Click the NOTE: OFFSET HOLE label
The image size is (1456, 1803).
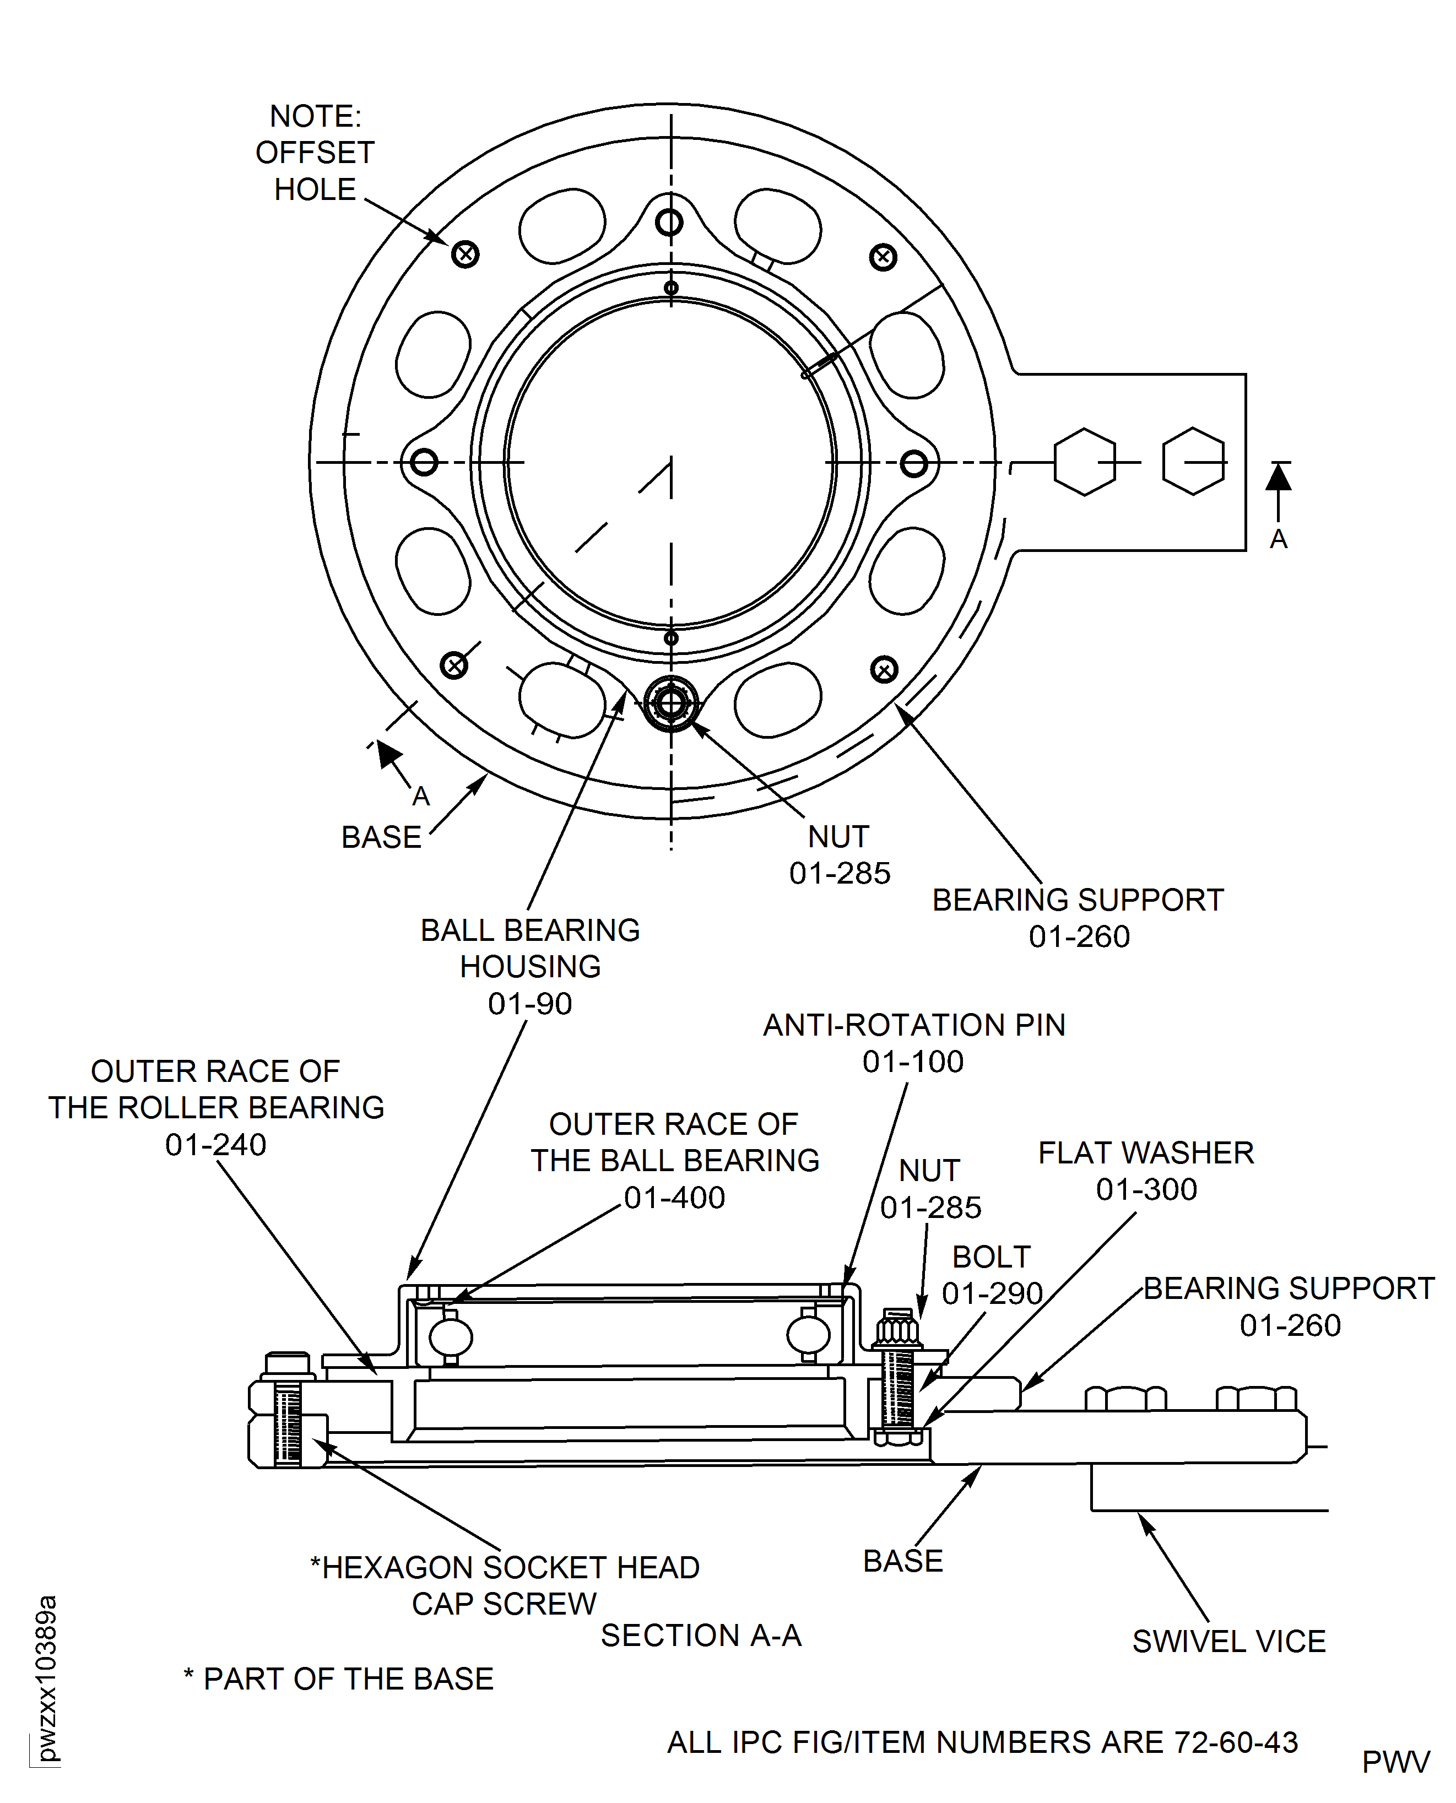pyautogui.click(x=315, y=153)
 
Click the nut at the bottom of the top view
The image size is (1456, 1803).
pyautogui.click(x=671, y=703)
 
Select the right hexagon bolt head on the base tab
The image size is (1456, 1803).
pyautogui.click(x=1193, y=462)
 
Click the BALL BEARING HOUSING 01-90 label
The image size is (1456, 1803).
pyautogui.click(x=530, y=966)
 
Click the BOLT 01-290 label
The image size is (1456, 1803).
pyautogui.click(x=992, y=1275)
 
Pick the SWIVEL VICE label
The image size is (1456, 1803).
pyautogui.click(x=1228, y=1641)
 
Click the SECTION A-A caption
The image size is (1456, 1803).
pyautogui.click(x=701, y=1636)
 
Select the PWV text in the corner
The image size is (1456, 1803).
pyautogui.click(x=1395, y=1763)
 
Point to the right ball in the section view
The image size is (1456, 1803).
pyautogui.click(x=809, y=1335)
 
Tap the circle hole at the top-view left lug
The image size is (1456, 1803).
pyautogui.click(x=424, y=462)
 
